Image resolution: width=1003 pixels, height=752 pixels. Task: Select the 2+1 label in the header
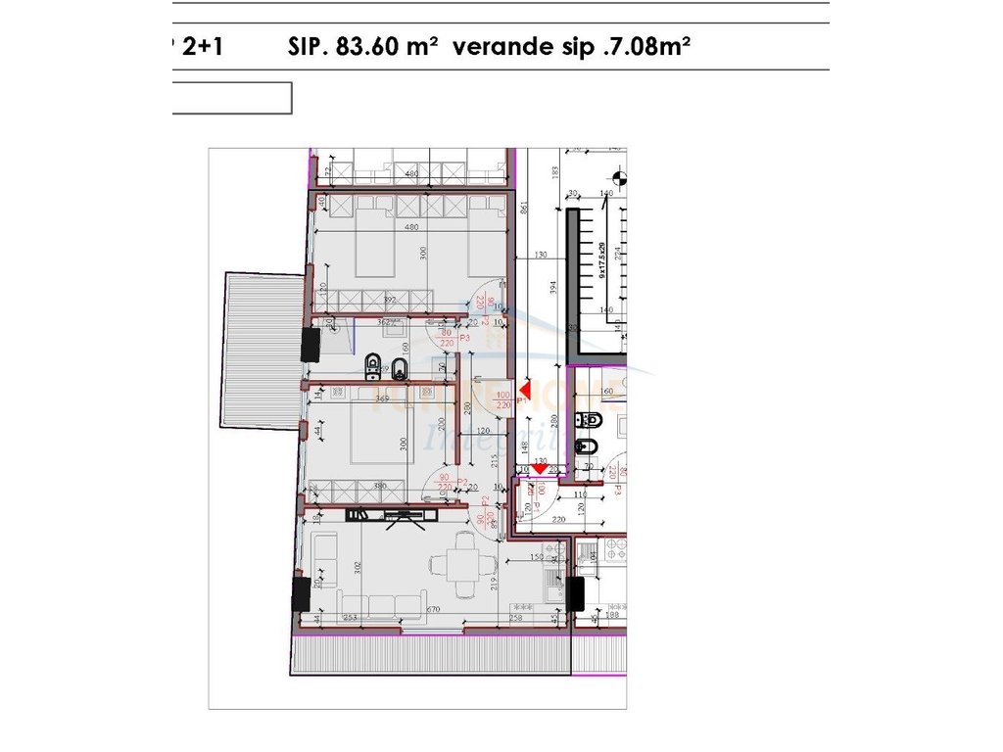pos(201,47)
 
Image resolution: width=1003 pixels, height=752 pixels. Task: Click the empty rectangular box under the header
pos(231,98)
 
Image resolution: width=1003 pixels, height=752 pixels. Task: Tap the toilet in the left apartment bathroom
pos(372,368)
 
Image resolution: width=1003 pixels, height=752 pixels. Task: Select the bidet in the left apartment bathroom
pos(401,368)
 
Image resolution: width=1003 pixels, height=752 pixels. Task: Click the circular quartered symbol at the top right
pos(618,178)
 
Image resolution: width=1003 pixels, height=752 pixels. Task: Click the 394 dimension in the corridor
pos(553,286)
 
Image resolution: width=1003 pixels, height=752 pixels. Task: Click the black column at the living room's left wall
pos(301,593)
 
